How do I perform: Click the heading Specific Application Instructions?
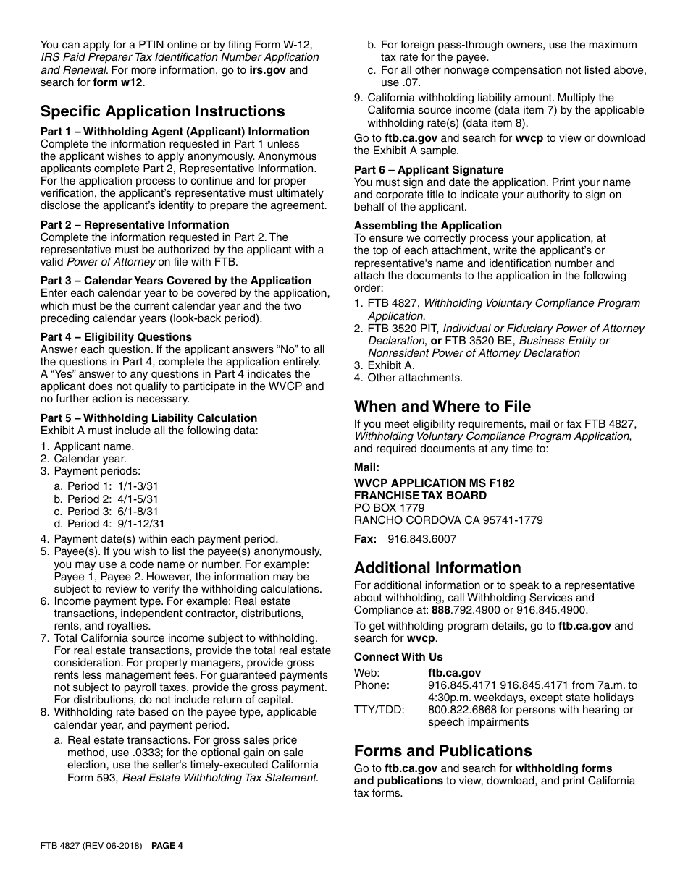tap(162, 111)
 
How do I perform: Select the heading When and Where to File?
tap(442, 407)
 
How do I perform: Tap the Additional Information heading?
tap(437, 568)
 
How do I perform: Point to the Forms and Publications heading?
tap(442, 751)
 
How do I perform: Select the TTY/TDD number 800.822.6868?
tap(457, 710)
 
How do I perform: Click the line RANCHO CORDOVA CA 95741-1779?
tap(448, 520)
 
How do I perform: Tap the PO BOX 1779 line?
tap(389, 508)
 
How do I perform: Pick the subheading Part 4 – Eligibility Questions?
tap(116, 337)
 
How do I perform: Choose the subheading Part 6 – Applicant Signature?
tap(429, 170)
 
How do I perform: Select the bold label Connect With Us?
tap(398, 657)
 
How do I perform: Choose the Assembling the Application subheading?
tap(427, 226)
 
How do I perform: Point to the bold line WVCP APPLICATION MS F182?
tap(434, 483)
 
